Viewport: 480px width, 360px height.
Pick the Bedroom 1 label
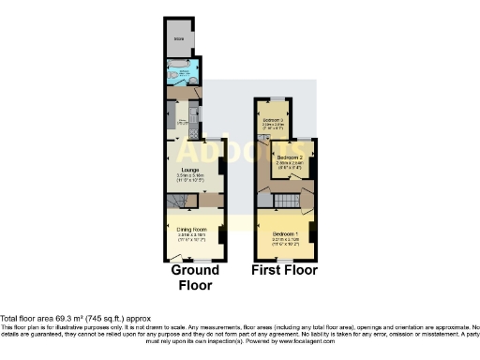[284, 233]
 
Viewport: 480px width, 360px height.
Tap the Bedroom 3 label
[271, 123]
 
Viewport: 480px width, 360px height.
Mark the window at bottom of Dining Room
[196, 260]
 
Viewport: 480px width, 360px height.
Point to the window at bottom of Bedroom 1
[284, 260]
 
